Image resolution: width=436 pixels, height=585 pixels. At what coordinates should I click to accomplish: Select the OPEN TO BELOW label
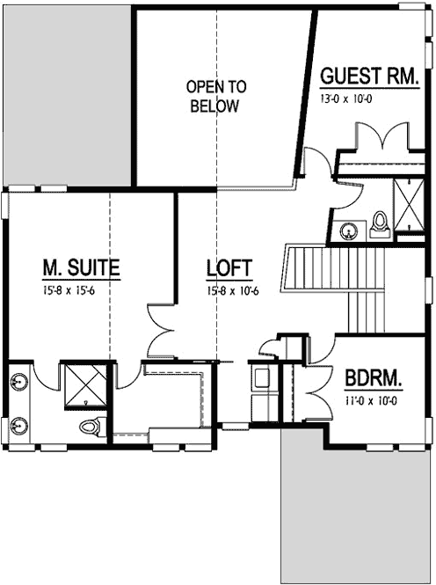(214, 96)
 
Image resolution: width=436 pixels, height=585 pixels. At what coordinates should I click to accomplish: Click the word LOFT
(229, 267)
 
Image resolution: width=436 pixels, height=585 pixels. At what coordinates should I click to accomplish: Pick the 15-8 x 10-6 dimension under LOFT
(229, 290)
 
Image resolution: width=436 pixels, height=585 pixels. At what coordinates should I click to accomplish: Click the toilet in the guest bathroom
(381, 223)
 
